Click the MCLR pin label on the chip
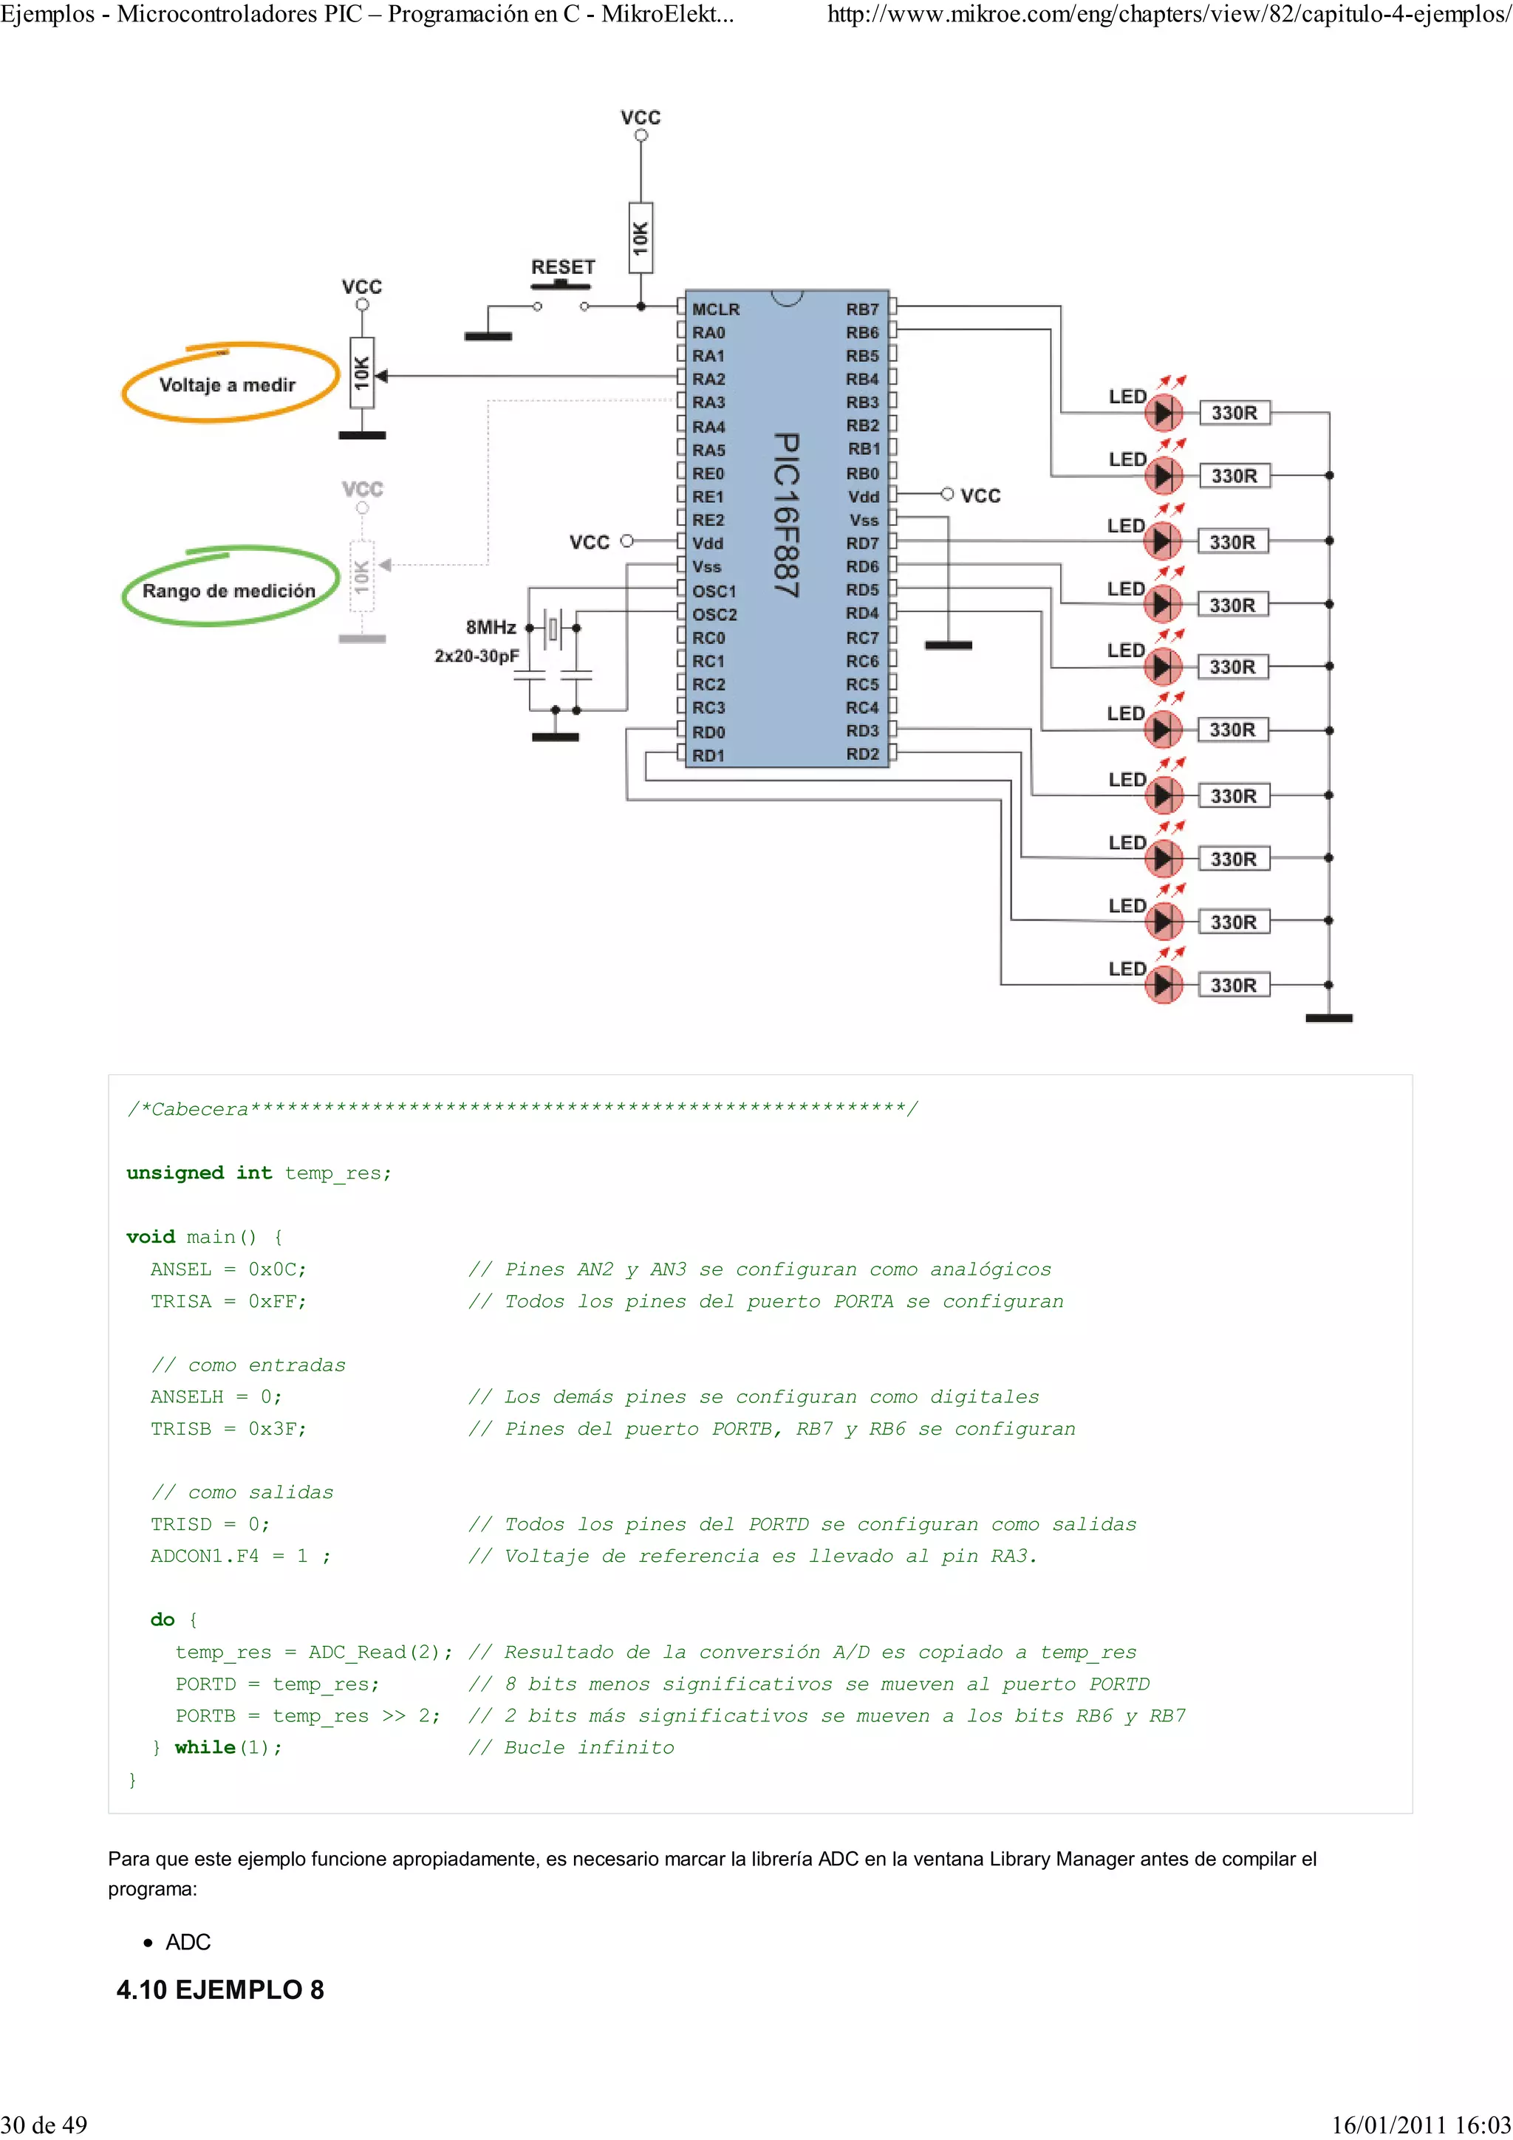tap(715, 309)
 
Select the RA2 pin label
tap(708, 380)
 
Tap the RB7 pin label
tap(862, 309)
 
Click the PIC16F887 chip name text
tap(787, 515)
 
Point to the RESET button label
tap(563, 267)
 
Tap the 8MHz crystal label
tap(491, 627)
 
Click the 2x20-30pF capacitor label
tap(477, 656)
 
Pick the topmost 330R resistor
tap(1234, 413)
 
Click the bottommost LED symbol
tap(1163, 985)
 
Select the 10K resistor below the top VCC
tap(641, 238)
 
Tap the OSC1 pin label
tap(714, 591)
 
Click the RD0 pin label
tap(708, 733)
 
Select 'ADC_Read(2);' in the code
tap(380, 1653)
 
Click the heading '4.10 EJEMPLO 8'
tap(220, 1990)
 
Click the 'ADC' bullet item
tap(188, 1942)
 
